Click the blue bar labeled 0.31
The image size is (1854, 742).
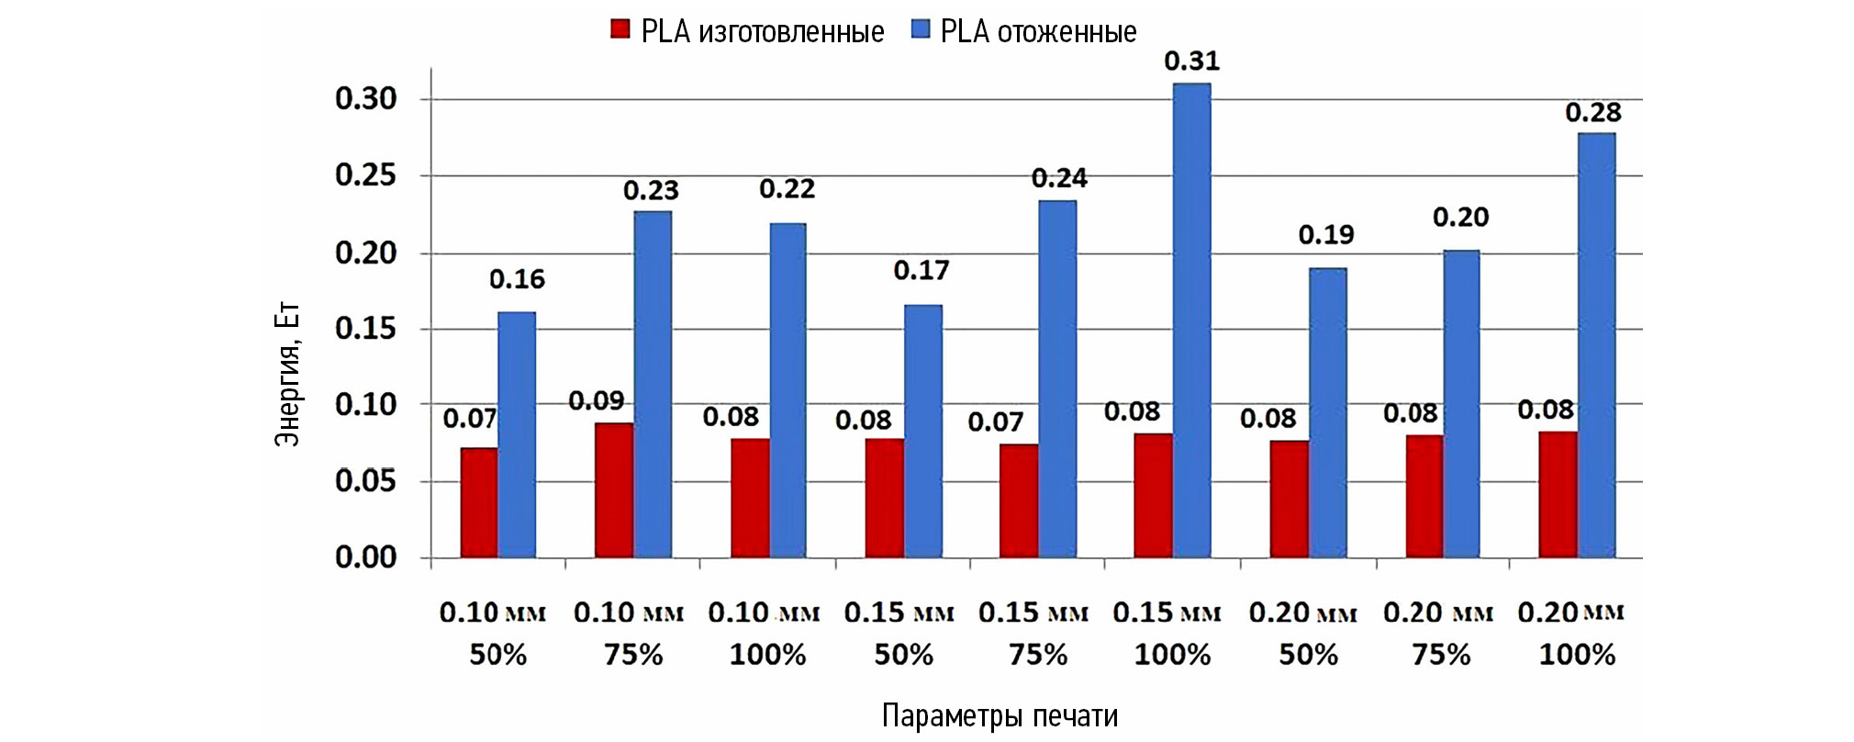[1191, 320]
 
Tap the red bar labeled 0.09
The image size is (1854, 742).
[614, 490]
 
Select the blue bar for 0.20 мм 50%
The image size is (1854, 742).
[1327, 412]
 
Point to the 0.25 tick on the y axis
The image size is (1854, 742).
[365, 175]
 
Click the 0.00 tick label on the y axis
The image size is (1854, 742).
[365, 557]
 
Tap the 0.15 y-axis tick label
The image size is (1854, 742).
[365, 329]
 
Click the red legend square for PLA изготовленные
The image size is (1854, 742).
[620, 30]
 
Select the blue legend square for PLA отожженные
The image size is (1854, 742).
[921, 30]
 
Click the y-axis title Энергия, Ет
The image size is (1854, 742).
[287, 375]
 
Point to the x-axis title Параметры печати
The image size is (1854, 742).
[1000, 716]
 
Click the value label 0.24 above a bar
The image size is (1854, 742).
[1059, 178]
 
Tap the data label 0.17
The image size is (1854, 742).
[921, 271]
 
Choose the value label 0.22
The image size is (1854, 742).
[787, 189]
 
